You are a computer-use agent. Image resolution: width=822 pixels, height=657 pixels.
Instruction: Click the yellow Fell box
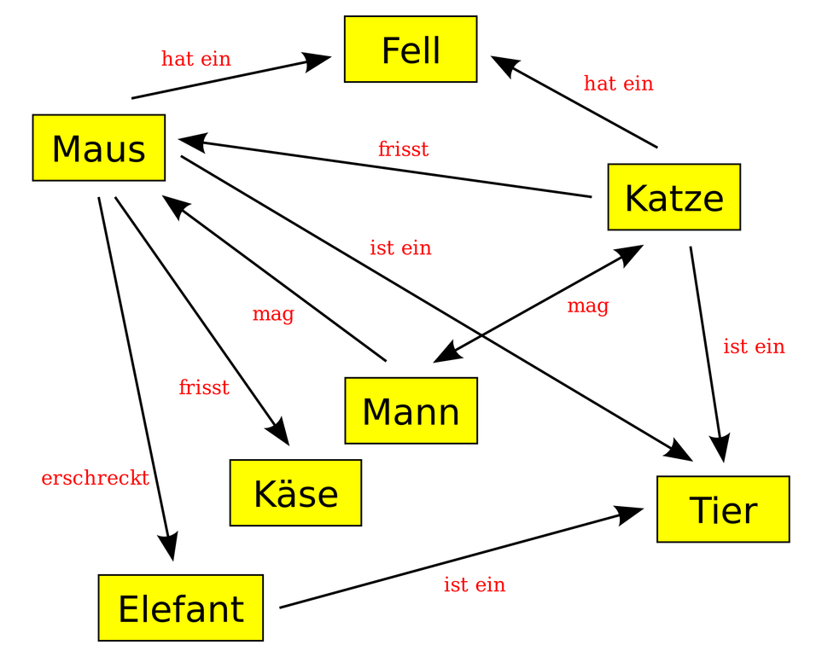[x=411, y=49]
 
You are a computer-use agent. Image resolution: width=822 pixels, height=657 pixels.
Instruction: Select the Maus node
[x=98, y=148]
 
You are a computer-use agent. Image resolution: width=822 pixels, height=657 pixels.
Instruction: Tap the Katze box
[x=674, y=197]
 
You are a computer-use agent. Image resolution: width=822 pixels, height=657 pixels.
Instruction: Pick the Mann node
[x=411, y=410]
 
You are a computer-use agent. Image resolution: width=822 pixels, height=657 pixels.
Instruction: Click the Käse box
[x=295, y=493]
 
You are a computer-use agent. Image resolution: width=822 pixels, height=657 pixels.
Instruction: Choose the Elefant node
[x=181, y=608]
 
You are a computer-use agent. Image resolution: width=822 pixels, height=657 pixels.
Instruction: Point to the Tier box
[x=724, y=509]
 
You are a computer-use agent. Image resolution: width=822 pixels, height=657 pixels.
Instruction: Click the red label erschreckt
[x=96, y=478]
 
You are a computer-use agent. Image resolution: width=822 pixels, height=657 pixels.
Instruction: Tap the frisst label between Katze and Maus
[x=403, y=148]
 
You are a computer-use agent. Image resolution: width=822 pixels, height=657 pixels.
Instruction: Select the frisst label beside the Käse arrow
[x=204, y=387]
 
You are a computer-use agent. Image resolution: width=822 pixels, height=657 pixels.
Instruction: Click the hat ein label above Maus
[x=196, y=58]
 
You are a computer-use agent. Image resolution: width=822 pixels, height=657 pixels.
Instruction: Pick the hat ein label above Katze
[x=619, y=83]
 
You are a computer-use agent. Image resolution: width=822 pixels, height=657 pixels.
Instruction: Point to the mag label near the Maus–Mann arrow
[x=273, y=314]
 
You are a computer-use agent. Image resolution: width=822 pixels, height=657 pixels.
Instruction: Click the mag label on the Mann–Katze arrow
[x=588, y=306]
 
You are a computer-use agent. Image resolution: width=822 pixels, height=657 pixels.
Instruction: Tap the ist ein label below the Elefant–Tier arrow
[x=475, y=584]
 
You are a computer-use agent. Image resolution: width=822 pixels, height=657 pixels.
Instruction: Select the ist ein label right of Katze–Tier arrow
[x=754, y=346]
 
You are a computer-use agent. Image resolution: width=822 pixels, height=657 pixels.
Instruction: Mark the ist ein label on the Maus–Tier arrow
[x=400, y=247]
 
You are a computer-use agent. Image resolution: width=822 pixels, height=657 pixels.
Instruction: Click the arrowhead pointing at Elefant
[x=169, y=546]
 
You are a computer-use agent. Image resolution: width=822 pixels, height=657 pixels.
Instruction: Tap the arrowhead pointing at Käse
[x=278, y=431]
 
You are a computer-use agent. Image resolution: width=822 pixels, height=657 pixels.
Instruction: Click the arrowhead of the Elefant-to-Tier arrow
[x=628, y=515]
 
